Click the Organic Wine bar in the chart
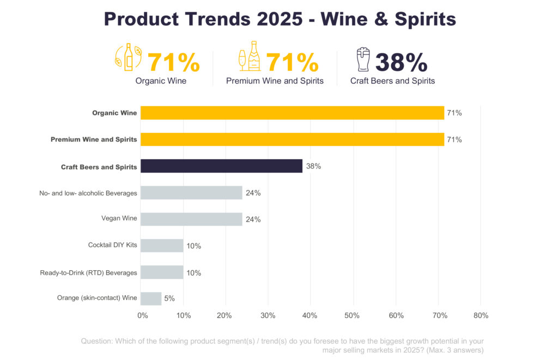[292, 113]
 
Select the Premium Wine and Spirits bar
[292, 139]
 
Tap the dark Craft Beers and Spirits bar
[221, 166]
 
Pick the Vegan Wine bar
[191, 219]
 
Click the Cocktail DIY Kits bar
[162, 246]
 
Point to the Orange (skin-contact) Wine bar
[151, 298]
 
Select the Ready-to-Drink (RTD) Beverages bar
[162, 272]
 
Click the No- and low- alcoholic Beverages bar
[191, 192]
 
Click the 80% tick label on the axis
[481, 315]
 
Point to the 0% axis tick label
[142, 315]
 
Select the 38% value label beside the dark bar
[313, 166]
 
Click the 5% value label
[169, 298]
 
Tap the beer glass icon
[362, 60]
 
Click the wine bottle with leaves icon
[129, 57]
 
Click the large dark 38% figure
[401, 63]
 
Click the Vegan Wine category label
[119, 219]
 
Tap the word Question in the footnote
[96, 341]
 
